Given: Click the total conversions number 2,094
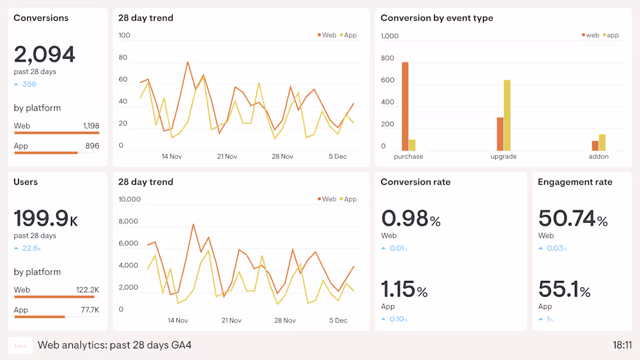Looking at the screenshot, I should [x=44, y=55].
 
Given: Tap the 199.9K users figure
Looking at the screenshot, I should [x=45, y=219].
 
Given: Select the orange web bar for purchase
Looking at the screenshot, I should [x=405, y=106].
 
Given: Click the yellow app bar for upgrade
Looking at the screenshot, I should [x=507, y=115].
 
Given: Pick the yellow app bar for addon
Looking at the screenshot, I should [x=602, y=142].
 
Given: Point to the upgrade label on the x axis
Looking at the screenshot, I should [x=503, y=156].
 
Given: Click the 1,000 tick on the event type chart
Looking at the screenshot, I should [x=389, y=36].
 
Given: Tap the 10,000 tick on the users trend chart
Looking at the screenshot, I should [x=129, y=199].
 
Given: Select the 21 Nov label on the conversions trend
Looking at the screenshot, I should [x=227, y=156].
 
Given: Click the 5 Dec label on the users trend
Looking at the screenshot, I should [x=337, y=320].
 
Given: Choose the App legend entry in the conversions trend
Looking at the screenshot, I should [x=347, y=35].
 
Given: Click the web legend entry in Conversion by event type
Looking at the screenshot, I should [x=590, y=35].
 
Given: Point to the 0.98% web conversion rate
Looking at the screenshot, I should [x=411, y=219].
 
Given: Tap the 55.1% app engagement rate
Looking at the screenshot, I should [x=564, y=289].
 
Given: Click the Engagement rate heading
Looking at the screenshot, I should [x=575, y=182].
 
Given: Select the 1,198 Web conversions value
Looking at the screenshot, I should [x=91, y=126].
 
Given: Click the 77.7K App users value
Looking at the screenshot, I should [x=90, y=310].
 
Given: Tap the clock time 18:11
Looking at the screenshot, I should [x=622, y=345].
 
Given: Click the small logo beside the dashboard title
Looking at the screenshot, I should [x=20, y=345].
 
